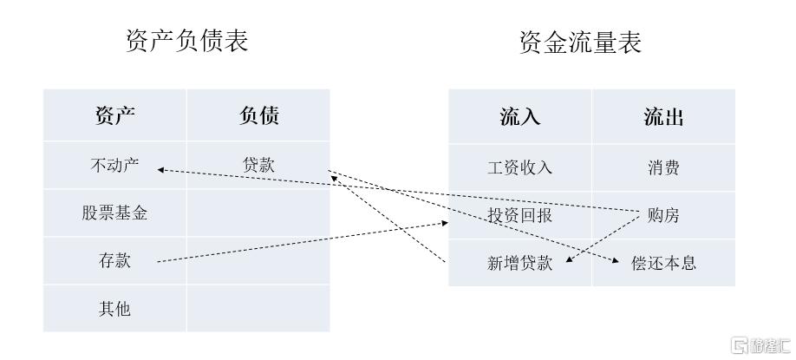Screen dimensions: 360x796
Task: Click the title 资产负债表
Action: pyautogui.click(x=187, y=40)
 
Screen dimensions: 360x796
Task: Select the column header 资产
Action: pyautogui.click(x=114, y=115)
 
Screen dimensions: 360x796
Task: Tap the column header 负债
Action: pyautogui.click(x=258, y=115)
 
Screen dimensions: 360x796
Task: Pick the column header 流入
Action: pyautogui.click(x=519, y=117)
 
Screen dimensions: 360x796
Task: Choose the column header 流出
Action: pyautogui.click(x=663, y=117)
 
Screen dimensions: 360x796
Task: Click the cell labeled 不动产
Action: pyautogui.click(x=114, y=165)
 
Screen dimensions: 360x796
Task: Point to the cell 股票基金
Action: pyautogui.click(x=114, y=213)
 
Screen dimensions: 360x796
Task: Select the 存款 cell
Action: pyautogui.click(x=114, y=259)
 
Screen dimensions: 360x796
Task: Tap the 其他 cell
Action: pyautogui.click(x=114, y=308)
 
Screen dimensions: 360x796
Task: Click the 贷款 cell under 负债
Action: pyautogui.click(x=258, y=165)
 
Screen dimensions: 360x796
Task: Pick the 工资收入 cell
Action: pyautogui.click(x=519, y=167)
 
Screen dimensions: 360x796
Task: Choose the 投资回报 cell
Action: pyautogui.click(x=519, y=215)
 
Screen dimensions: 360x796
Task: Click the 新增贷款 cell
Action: pyautogui.click(x=519, y=263)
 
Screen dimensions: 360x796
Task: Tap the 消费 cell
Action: pyautogui.click(x=663, y=167)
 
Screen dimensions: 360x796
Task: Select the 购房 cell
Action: pyautogui.click(x=663, y=215)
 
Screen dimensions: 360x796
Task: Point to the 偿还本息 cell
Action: pyautogui.click(x=663, y=263)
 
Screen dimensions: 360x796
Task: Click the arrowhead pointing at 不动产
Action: pyautogui.click(x=160, y=169)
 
